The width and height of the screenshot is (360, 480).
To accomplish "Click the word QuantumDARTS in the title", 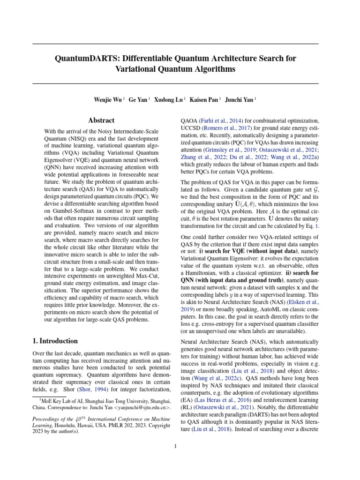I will [83, 58].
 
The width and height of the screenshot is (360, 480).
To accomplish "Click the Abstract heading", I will [102, 120].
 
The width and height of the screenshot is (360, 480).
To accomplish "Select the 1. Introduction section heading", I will [55, 341].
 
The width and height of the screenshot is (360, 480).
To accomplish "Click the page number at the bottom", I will [175, 446].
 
